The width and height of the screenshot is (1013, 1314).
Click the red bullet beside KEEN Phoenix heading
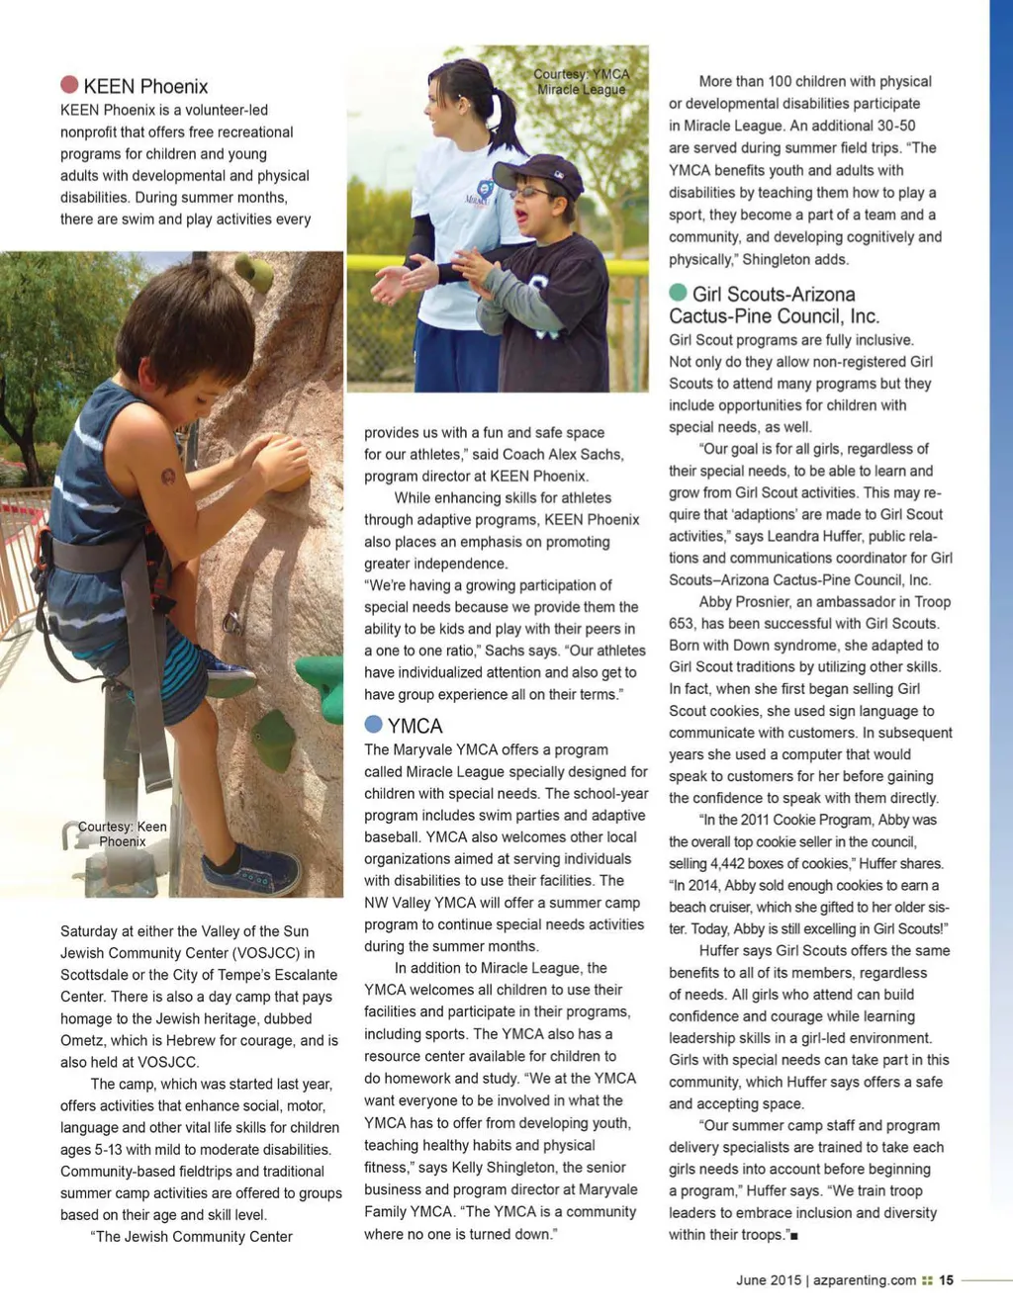point(69,85)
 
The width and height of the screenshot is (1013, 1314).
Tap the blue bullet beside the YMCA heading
point(373,724)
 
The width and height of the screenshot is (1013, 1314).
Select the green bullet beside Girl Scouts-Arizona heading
point(678,293)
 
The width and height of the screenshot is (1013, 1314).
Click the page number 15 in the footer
point(946,1279)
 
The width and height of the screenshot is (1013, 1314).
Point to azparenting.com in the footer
point(865,1279)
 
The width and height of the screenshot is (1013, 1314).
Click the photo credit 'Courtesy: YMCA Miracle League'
point(581,82)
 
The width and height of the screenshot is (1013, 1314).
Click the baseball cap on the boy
point(538,174)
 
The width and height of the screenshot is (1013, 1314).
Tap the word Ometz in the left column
point(83,1040)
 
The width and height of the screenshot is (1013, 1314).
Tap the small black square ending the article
point(794,1236)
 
